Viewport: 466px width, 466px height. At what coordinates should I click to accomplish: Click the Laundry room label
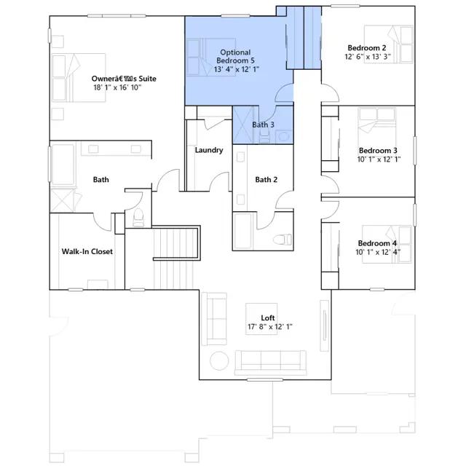pos(209,150)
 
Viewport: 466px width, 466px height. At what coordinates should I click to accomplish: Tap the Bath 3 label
pos(263,125)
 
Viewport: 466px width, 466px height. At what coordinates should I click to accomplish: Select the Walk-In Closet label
pos(87,251)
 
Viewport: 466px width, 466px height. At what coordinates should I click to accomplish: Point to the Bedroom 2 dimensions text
pos(367,57)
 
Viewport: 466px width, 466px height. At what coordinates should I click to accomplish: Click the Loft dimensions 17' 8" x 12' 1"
pos(270,327)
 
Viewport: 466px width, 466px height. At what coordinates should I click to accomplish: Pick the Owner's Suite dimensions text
pos(117,87)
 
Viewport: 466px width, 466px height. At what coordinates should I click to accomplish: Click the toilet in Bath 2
pos(283,240)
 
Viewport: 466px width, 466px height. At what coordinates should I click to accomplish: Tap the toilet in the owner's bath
pos(138,217)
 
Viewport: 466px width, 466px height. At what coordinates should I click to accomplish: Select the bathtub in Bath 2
pos(242,231)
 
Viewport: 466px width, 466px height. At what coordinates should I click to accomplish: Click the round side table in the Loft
pos(219,360)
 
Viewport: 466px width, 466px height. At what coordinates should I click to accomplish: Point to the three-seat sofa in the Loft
pos(270,363)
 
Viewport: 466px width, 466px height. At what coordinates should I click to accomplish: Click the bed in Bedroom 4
pos(387,244)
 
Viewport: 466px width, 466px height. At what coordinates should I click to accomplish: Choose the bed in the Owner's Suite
pos(79,78)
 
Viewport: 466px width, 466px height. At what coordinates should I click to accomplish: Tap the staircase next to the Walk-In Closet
pos(175,257)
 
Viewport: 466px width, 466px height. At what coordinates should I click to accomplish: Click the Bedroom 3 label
pos(378,151)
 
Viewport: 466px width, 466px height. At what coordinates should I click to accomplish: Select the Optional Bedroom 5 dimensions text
pos(237,69)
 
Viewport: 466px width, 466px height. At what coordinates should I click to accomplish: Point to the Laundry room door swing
pos(220,181)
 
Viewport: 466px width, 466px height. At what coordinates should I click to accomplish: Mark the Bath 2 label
pos(266,180)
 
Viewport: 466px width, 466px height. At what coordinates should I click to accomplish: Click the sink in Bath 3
pos(283,136)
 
